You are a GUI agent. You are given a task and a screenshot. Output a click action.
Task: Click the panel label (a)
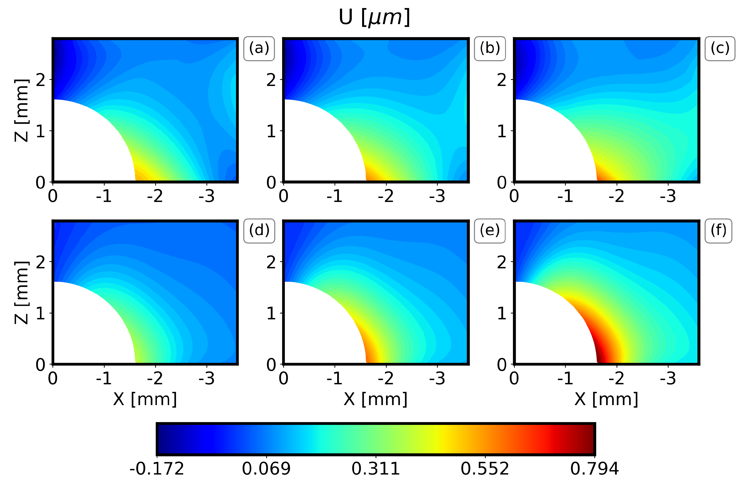(259, 49)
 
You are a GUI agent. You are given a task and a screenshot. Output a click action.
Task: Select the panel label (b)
(490, 49)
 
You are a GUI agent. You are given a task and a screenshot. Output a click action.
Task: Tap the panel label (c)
(720, 49)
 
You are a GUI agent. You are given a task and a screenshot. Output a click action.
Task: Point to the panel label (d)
(259, 231)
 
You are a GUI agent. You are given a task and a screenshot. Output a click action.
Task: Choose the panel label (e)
(490, 231)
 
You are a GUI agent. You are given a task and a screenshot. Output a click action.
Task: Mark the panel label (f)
(718, 231)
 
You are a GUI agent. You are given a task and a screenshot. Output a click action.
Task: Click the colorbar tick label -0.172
(157, 469)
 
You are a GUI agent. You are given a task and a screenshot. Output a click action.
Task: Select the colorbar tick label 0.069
(266, 469)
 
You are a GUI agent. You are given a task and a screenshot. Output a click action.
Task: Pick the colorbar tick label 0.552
(485, 469)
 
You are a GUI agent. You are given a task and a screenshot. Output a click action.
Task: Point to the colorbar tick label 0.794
(595, 469)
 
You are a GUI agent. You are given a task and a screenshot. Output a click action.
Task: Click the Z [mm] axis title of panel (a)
(22, 111)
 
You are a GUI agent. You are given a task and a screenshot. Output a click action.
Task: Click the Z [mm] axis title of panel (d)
(22, 293)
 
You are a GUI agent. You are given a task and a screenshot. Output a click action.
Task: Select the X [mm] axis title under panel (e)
(375, 399)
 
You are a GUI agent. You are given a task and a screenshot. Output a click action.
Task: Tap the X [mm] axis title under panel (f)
(606, 399)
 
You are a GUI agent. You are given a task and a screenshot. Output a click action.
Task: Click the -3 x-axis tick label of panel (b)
(437, 196)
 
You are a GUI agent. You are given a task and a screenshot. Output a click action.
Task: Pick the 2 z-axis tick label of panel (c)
(502, 80)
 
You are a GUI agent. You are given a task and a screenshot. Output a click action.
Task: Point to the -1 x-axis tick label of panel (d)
(104, 378)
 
